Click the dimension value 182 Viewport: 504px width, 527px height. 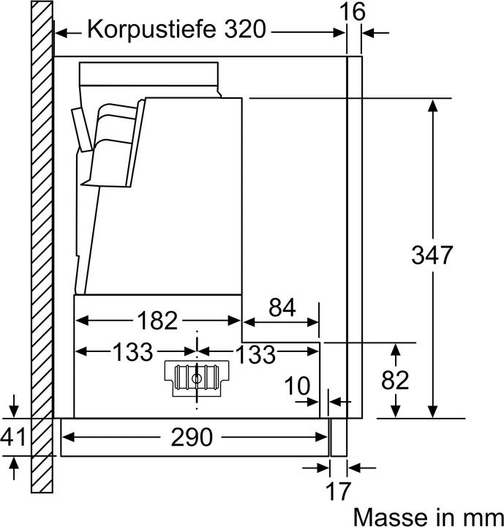157,321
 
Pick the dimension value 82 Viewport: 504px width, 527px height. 396,381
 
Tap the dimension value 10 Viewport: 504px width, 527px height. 297,386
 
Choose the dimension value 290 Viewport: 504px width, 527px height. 193,437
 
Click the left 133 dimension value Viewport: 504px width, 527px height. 132,353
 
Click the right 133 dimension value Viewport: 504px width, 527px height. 255,354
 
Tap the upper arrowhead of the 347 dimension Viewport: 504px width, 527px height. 432,104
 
